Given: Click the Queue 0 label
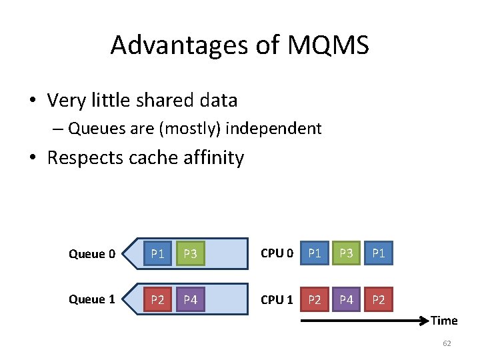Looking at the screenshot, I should click(92, 253).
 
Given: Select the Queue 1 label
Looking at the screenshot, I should click(92, 299).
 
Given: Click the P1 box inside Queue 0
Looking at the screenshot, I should click(157, 253).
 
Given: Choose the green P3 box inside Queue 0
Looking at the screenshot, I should click(190, 253).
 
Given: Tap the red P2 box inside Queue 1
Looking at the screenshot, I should click(157, 299).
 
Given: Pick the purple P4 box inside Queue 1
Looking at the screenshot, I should click(190, 299).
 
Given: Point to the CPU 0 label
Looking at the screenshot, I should click(277, 253).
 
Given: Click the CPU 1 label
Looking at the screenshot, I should click(277, 299).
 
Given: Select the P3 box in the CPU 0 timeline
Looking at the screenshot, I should click(346, 253).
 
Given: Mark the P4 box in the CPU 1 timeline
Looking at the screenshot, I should click(346, 299).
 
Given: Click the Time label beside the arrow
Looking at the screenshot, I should click(444, 321).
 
